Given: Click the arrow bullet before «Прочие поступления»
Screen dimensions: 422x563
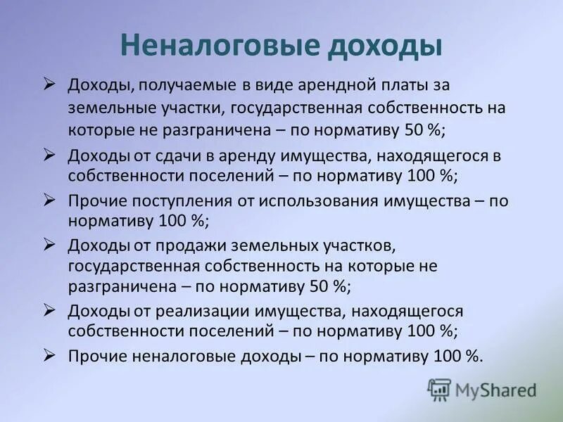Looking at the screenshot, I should tap(49, 200).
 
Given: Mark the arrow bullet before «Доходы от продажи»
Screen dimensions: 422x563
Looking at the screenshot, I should tap(49, 245).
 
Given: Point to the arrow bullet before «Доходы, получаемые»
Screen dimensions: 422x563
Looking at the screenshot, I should tap(49, 84).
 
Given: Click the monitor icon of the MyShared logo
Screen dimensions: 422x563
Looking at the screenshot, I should tap(439, 390).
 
